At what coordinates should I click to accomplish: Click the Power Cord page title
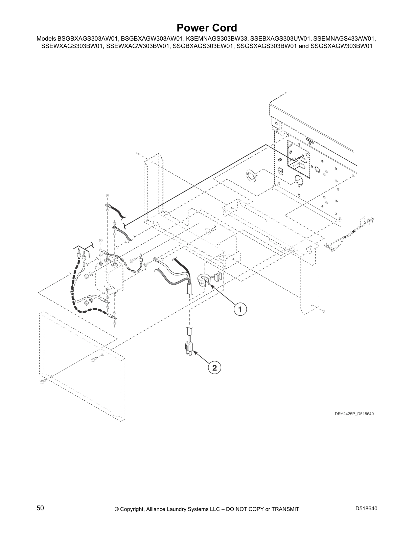pos(207,28)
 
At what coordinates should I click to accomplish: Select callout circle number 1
pos(240,309)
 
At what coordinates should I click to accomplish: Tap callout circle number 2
pos(214,367)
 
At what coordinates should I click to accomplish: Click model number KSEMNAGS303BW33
pos(217,39)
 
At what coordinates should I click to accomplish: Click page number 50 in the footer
pos(40,508)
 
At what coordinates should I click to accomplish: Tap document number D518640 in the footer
pos(366,509)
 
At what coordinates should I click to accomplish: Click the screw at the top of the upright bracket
pos(137,153)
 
